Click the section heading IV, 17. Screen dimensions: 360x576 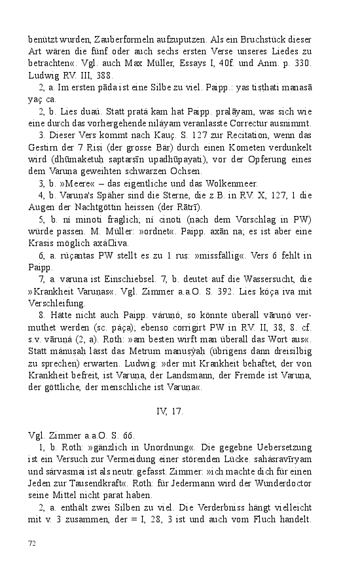point(170,412)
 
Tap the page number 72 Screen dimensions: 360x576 point(32,543)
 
